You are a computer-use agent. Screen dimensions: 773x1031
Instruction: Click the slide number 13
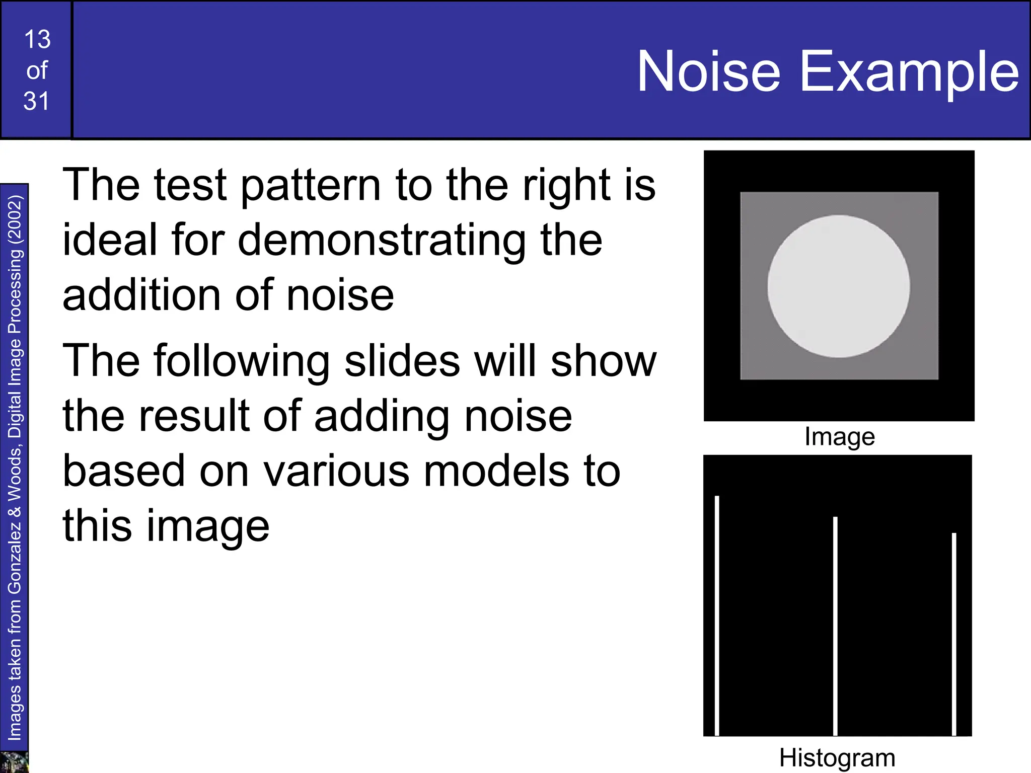click(37, 40)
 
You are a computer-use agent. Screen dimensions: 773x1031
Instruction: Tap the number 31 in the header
click(36, 101)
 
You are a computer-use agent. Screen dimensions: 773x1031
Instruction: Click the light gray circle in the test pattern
click(838, 286)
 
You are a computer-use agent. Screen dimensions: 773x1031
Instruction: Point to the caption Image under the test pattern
click(839, 436)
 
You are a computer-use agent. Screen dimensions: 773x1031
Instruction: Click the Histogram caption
click(837, 757)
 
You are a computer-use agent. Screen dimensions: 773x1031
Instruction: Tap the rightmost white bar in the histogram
click(953, 634)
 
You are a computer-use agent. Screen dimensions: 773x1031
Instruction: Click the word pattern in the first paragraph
click(311, 186)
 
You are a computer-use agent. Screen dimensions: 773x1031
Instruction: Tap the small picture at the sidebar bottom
click(14, 762)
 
